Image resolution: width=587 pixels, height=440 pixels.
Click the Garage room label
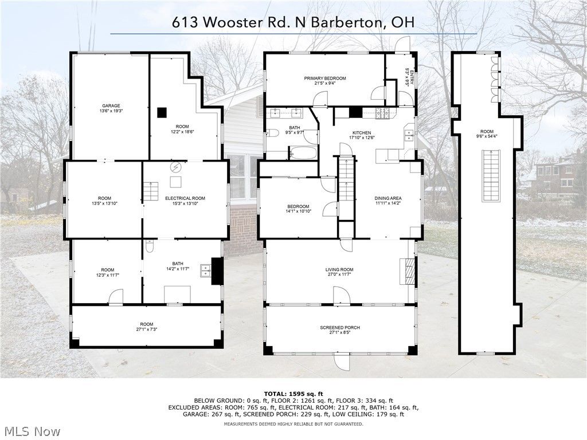click(x=111, y=106)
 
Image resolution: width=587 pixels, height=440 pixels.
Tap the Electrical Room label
click(x=185, y=198)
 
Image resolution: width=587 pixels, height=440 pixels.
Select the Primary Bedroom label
click(x=325, y=78)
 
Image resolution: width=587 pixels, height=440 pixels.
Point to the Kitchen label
click(x=362, y=133)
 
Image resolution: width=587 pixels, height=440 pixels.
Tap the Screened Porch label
click(x=340, y=328)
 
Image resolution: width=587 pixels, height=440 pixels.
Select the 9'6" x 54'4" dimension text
click(x=487, y=136)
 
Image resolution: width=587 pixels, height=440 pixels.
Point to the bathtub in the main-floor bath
click(x=302, y=153)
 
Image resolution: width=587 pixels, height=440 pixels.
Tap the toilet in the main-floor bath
click(x=273, y=134)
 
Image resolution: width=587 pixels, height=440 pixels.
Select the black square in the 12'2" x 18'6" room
click(x=162, y=112)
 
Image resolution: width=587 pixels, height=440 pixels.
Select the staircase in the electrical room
click(x=150, y=191)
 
